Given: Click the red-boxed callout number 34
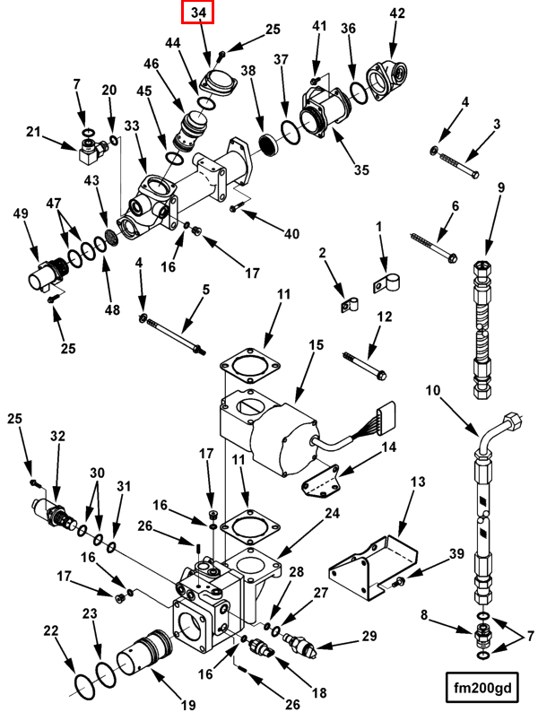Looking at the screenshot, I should tap(198, 13).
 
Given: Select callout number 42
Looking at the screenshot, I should tap(396, 13).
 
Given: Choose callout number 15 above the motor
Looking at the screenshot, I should tap(316, 346).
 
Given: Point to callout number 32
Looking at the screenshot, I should tap(57, 437).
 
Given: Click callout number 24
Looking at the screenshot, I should tap(333, 514).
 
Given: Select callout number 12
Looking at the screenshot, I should tap(384, 317).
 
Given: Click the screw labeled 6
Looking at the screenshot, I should tap(435, 246).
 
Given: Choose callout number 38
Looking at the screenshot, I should tap(248, 70).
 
